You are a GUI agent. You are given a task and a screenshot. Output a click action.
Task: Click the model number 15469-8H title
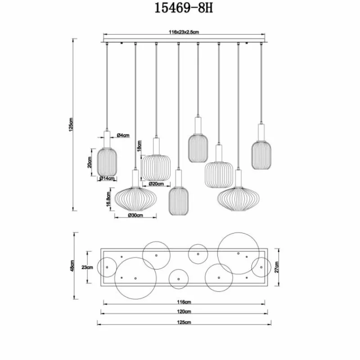tap(184, 9)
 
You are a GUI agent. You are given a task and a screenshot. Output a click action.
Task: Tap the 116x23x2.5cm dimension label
tap(184, 32)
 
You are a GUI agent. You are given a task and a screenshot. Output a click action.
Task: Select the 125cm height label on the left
tap(71, 125)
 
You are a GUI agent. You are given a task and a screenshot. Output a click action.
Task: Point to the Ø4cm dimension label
tap(123, 135)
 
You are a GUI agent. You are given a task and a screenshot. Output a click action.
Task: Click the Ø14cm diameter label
tap(107, 178)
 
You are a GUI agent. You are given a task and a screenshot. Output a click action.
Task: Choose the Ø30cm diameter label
tap(135, 215)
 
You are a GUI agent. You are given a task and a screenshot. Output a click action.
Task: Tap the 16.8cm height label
tap(108, 199)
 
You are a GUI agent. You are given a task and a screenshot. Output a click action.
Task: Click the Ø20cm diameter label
tap(156, 184)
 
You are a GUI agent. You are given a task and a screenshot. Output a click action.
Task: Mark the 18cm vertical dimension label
tap(139, 146)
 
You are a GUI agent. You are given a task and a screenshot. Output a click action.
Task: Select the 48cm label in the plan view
tap(72, 266)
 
